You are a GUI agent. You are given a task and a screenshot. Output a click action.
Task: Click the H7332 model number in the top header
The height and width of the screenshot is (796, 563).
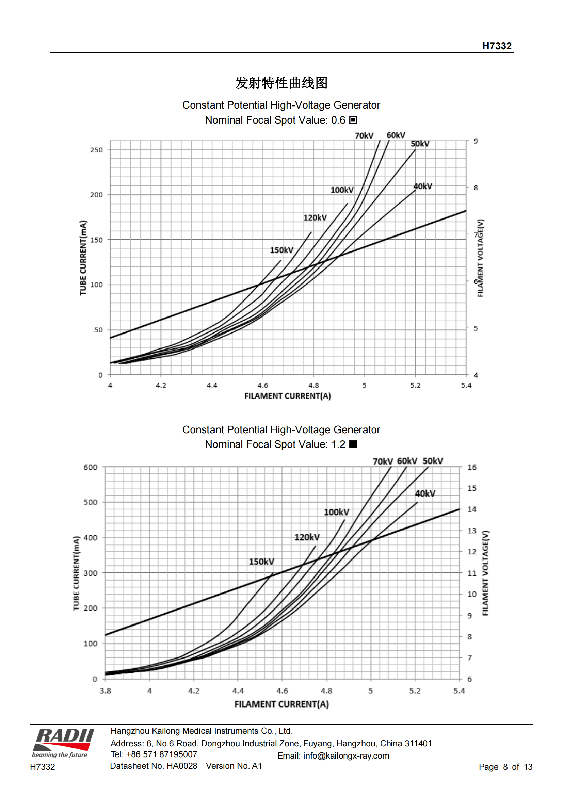click(x=496, y=46)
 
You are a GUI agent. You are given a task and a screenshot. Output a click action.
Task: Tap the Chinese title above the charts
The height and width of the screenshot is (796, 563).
click(x=281, y=83)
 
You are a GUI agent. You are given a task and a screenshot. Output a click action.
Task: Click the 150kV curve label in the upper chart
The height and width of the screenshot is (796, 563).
click(x=281, y=250)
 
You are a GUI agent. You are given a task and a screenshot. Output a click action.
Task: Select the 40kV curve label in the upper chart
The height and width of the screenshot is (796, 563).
click(x=423, y=186)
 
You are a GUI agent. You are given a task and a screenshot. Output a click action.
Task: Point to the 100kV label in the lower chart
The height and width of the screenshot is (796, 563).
click(x=336, y=512)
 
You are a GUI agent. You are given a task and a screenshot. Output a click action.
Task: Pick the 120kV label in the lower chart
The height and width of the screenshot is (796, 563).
click(x=307, y=537)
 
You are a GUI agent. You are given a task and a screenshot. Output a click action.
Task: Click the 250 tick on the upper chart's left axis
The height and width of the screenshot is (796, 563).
click(x=96, y=150)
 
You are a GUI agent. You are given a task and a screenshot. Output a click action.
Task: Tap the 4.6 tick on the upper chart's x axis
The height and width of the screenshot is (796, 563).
click(x=263, y=385)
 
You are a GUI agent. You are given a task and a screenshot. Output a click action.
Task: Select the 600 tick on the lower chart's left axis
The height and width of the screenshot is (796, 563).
click(x=90, y=467)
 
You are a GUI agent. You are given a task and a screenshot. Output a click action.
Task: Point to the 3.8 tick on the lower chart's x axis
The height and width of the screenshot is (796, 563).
click(x=106, y=691)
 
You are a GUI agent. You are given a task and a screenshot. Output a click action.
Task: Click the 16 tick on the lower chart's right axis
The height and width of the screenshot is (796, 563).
click(x=472, y=467)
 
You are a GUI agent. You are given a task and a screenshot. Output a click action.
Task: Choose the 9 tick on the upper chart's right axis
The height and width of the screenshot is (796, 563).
click(x=476, y=141)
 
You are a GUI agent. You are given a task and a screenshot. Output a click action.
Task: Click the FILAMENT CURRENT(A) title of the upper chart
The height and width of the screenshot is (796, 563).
click(x=287, y=396)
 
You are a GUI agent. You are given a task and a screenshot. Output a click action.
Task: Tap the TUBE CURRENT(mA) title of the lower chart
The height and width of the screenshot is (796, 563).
click(x=76, y=573)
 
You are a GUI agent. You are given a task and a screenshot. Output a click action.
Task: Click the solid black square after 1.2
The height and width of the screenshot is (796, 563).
click(x=353, y=444)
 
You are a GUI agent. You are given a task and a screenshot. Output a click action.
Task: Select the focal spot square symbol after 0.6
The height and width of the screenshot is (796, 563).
click(x=353, y=119)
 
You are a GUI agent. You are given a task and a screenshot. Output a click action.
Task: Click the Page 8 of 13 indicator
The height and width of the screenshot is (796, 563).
click(x=505, y=766)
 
